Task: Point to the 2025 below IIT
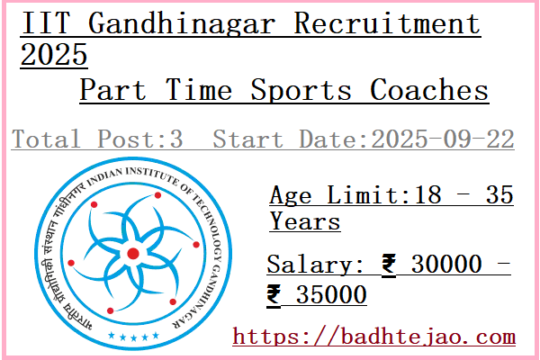tap(53, 56)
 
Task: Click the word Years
tap(305, 220)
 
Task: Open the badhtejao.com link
tap(374, 337)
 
